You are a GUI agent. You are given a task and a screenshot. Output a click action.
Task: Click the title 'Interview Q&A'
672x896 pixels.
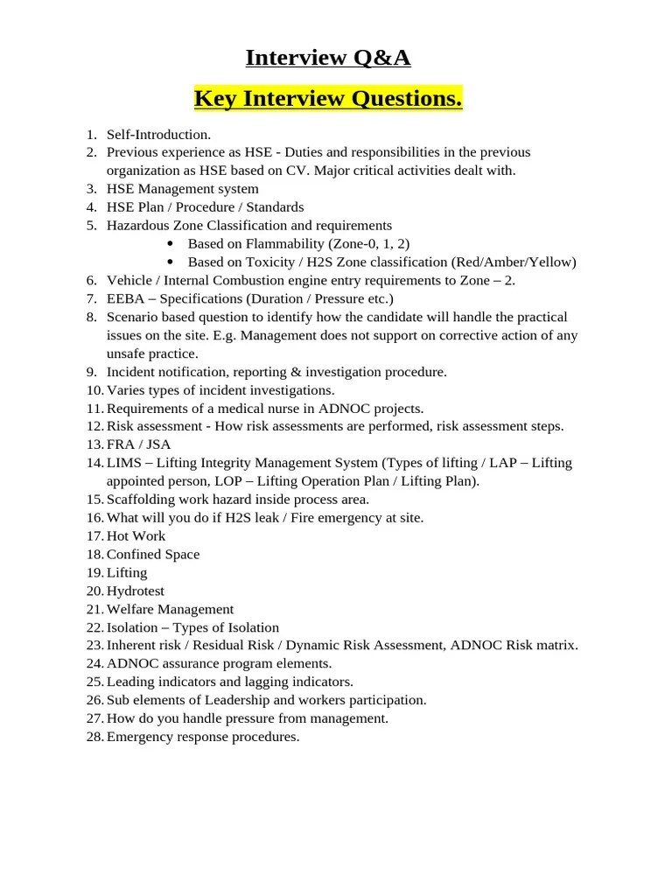(328, 58)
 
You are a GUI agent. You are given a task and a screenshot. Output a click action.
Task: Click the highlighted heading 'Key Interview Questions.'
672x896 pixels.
(328, 100)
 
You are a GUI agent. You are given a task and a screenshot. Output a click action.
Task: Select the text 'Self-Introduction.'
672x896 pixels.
(158, 135)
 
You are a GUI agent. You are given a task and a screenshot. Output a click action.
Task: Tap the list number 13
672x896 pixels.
(94, 444)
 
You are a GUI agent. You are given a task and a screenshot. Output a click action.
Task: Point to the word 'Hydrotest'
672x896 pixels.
(135, 591)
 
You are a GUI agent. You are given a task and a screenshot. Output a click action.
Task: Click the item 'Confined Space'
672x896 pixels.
(153, 554)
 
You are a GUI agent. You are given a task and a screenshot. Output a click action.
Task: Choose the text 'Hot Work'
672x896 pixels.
(136, 535)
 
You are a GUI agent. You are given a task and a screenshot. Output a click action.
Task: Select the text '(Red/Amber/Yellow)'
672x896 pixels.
(514, 262)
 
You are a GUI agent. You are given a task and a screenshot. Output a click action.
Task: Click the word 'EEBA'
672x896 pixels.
(124, 298)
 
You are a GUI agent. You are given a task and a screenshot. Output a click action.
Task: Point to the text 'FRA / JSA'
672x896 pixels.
(138, 444)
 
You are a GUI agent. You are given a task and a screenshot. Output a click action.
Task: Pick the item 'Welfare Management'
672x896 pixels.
(170, 609)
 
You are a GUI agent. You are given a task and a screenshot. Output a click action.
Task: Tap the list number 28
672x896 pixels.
(94, 737)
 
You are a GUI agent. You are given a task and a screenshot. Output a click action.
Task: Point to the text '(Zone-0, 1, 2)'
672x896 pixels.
(368, 244)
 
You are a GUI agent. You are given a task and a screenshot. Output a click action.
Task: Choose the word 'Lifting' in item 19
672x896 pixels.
(127, 572)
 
